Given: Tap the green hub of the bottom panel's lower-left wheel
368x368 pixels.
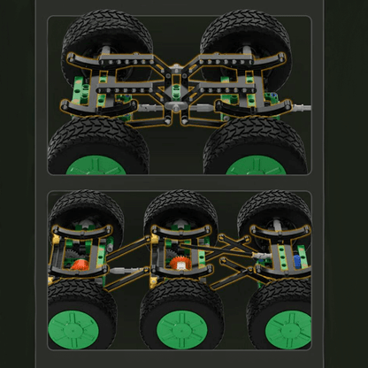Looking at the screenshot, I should click(x=76, y=329).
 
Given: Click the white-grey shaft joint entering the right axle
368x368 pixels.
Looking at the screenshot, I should click(x=261, y=254).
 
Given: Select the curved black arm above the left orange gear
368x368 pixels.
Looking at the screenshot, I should click(x=80, y=233).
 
